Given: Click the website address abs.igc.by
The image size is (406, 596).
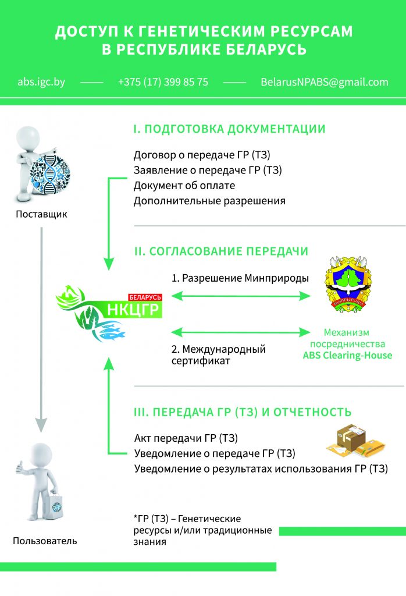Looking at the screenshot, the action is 41,82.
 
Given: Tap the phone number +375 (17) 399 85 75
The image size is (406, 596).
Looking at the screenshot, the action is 163,82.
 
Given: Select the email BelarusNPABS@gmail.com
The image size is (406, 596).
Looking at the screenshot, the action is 325,82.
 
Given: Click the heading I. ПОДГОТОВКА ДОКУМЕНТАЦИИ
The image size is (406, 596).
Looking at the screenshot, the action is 229,129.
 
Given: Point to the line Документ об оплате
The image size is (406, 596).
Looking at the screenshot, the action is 184,186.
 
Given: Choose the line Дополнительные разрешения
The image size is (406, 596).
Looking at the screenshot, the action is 209,201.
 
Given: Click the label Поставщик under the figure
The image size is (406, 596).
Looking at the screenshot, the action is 41,214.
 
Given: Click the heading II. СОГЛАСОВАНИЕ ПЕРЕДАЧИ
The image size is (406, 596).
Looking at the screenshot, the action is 221,251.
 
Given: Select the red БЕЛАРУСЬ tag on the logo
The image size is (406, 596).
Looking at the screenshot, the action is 145,297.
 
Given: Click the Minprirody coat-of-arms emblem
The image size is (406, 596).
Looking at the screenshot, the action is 347,284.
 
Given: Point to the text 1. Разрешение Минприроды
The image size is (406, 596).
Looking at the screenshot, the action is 240,278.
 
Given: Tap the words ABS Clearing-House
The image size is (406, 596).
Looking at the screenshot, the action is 347,356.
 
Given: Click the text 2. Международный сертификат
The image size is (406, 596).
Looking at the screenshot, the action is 218,354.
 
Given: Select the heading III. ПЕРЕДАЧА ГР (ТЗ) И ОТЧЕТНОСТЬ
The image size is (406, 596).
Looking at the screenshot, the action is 243,413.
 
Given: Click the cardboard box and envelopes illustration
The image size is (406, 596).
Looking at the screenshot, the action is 355,441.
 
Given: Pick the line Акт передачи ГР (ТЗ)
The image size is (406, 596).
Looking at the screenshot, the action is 186,438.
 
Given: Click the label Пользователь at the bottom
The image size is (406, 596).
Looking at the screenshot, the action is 45,541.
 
